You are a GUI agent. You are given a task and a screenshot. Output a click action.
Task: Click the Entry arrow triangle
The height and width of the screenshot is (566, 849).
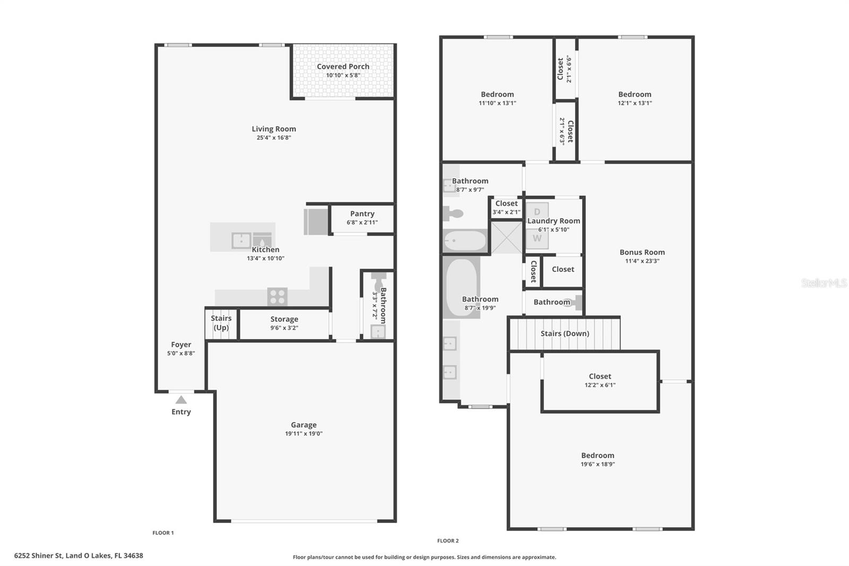(x=181, y=400)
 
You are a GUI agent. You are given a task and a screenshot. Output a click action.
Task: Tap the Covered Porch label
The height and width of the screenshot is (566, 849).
(x=343, y=66)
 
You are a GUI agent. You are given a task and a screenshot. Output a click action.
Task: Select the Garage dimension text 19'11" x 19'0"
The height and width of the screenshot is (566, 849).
(x=304, y=434)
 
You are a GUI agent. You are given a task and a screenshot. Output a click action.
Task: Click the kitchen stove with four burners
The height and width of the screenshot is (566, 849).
(x=277, y=297)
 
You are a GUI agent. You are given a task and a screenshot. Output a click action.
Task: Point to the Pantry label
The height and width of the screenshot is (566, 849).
(x=362, y=214)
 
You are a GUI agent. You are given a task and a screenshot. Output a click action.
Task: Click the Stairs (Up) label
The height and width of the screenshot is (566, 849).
(x=221, y=322)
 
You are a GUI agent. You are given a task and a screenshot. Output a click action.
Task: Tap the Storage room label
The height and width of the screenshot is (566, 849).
(x=284, y=319)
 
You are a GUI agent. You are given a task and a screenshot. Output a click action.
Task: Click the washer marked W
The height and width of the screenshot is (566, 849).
(x=537, y=238)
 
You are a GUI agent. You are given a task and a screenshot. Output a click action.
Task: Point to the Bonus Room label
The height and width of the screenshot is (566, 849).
(x=642, y=252)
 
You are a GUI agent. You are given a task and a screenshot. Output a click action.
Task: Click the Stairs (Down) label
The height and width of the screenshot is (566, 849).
(x=565, y=333)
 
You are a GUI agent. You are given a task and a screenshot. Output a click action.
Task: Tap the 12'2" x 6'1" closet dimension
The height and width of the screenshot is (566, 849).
(x=600, y=385)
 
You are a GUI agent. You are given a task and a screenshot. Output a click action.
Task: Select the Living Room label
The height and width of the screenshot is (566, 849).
(x=274, y=129)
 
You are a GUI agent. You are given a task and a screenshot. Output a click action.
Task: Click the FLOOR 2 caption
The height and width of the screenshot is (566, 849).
(x=448, y=541)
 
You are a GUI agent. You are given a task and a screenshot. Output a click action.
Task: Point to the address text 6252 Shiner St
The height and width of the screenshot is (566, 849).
(x=38, y=556)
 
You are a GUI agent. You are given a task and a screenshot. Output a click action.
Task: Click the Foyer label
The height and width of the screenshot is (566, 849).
(x=181, y=345)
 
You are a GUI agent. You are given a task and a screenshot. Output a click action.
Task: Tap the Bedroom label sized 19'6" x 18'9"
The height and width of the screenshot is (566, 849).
(x=597, y=456)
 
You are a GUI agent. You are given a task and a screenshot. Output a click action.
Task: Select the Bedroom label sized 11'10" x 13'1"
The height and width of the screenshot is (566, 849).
(x=497, y=95)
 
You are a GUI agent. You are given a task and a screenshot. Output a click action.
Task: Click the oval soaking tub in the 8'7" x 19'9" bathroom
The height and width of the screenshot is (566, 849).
(x=462, y=287)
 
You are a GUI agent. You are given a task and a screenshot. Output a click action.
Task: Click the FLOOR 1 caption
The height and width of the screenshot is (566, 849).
(x=163, y=533)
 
